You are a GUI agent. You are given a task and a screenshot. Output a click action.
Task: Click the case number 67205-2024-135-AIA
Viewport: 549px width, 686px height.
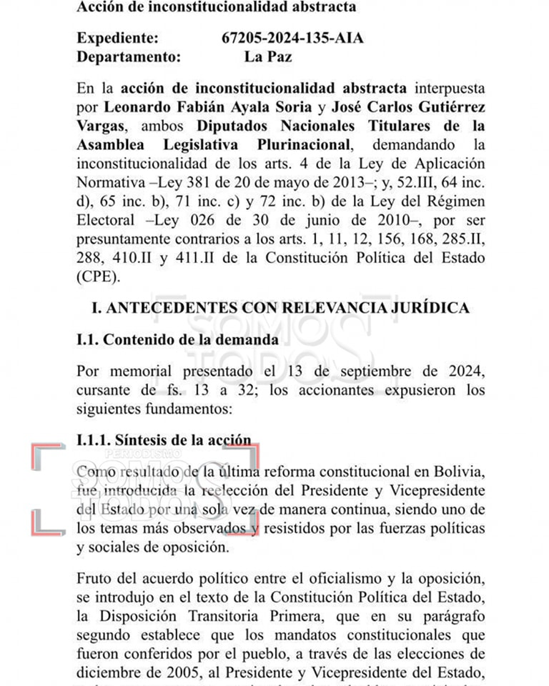292,38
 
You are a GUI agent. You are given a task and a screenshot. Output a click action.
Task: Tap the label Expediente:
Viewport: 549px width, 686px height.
118,38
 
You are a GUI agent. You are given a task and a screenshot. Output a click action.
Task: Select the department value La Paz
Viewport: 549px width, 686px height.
267,56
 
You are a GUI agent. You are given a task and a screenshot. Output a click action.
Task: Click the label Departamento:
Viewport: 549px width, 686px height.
128,56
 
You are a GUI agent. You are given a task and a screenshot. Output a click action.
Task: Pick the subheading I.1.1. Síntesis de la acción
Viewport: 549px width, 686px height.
164,440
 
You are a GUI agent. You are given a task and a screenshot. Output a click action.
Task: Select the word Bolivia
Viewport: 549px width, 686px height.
460,472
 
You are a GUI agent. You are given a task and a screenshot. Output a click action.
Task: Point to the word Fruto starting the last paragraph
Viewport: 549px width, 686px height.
96,578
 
